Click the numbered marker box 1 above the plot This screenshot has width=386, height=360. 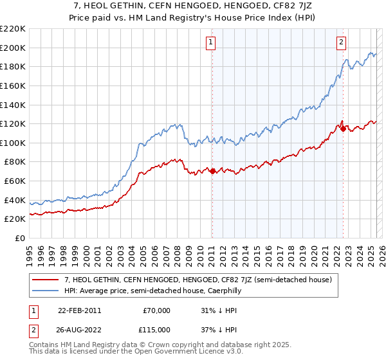tap(211, 43)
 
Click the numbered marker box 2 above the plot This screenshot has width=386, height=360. tap(341, 43)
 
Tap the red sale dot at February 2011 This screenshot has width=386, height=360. tap(212, 171)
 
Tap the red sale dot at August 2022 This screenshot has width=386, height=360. tap(343, 129)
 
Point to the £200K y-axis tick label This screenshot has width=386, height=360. tap(13, 48)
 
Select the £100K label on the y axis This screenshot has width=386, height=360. tap(13, 143)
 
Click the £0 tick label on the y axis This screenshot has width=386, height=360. tap(19, 238)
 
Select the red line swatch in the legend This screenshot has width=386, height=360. tap(45, 280)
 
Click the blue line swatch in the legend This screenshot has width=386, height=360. tap(45, 291)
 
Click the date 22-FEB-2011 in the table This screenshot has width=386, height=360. tap(79, 310)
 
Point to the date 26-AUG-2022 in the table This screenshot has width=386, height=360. tap(79, 330)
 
